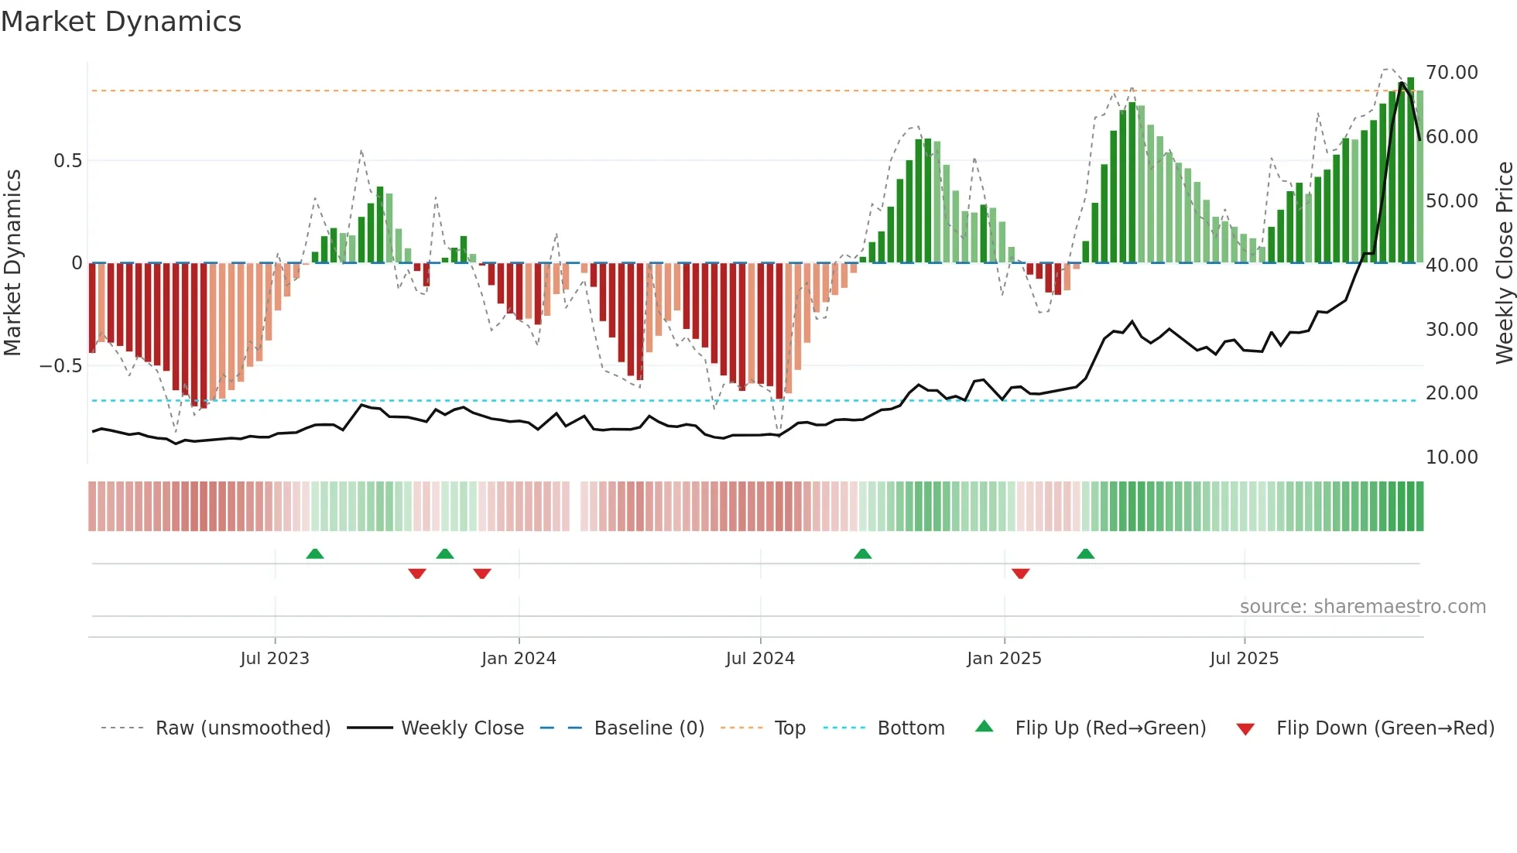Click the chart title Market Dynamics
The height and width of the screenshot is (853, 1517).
121,22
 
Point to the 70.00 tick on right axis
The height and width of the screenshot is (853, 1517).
1451,73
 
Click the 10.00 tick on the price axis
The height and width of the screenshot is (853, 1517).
1451,457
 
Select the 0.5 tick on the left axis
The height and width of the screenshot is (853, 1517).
67,161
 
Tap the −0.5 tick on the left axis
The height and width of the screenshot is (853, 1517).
61,366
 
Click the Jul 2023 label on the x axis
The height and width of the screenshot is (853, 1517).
275,659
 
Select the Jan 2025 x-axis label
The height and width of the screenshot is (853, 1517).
1004,659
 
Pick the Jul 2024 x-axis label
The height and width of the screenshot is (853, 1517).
760,659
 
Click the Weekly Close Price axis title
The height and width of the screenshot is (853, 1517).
1504,263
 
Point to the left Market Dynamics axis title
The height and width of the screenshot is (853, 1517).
12,263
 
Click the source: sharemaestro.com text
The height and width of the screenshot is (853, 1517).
1362,607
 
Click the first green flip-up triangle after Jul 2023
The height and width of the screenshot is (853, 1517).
314,554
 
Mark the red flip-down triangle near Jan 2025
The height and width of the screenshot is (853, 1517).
1020,573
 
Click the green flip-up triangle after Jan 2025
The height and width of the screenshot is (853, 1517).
1085,554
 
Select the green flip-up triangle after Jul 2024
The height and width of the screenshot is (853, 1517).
862,554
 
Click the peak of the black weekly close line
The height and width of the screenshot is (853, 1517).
1402,83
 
